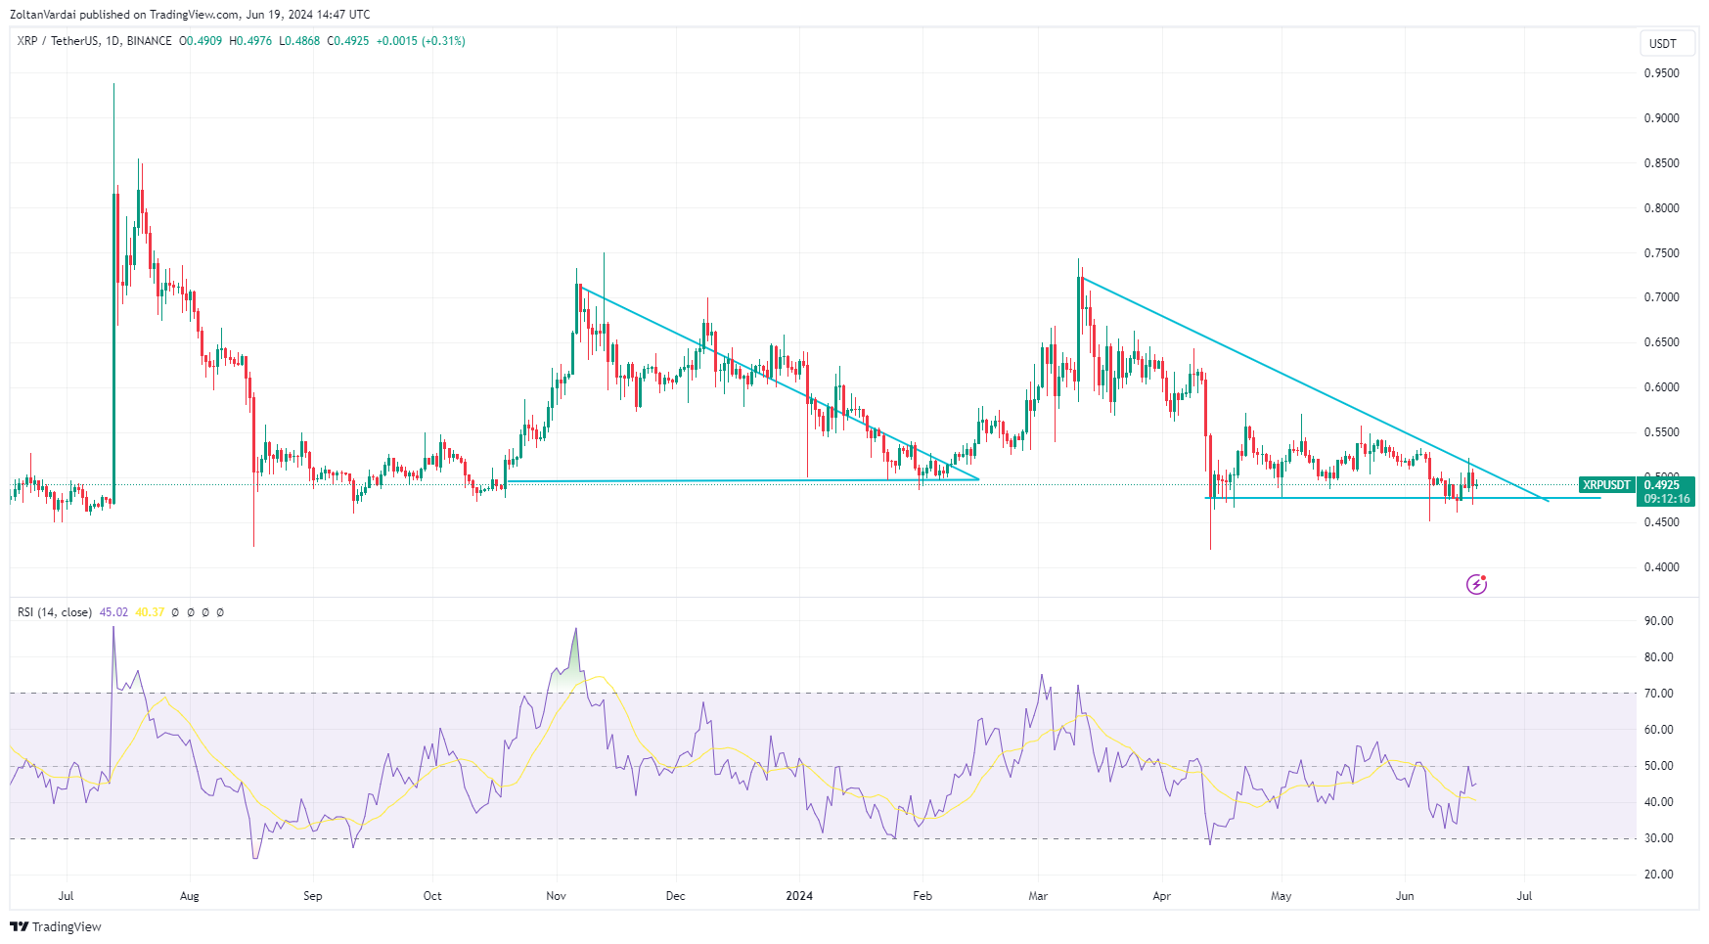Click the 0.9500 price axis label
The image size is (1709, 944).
click(1661, 73)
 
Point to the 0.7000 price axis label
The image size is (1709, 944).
click(1661, 297)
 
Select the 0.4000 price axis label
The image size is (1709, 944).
click(1661, 567)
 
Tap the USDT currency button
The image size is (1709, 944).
click(1663, 43)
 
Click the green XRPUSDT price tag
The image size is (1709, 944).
click(1607, 485)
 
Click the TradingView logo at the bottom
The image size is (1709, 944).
click(57, 926)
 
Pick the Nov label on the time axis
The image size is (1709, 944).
click(556, 896)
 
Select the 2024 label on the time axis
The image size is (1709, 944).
click(799, 896)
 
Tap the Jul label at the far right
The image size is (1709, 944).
click(1524, 896)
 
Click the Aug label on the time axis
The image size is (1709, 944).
click(190, 896)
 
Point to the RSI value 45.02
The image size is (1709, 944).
click(113, 612)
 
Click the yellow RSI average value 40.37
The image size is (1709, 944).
click(150, 612)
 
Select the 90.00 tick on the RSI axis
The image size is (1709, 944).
click(1658, 621)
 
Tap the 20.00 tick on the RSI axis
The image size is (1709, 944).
click(1658, 875)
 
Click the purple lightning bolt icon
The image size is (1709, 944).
click(1476, 585)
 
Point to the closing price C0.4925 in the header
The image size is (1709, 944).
click(348, 41)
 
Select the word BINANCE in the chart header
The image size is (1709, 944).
click(149, 41)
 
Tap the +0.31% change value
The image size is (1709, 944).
click(443, 41)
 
